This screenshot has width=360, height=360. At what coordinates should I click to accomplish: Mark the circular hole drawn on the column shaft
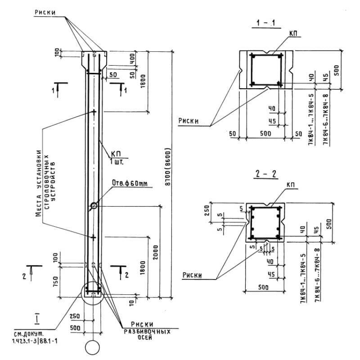click(x=94, y=206)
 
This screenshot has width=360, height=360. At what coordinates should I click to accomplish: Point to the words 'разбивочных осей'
click(x=147, y=333)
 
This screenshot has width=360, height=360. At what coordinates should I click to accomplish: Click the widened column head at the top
click(x=94, y=59)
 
